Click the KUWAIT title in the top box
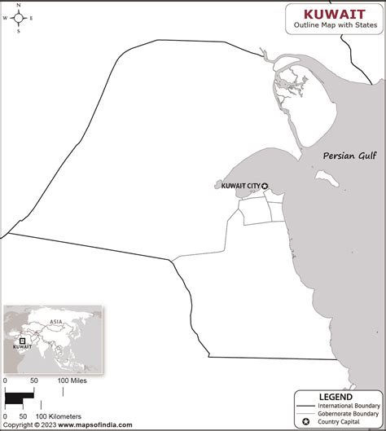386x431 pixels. (334, 13)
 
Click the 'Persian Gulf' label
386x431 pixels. (349, 155)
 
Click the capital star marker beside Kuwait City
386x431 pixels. (264, 186)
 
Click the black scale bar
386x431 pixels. (20, 398)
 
